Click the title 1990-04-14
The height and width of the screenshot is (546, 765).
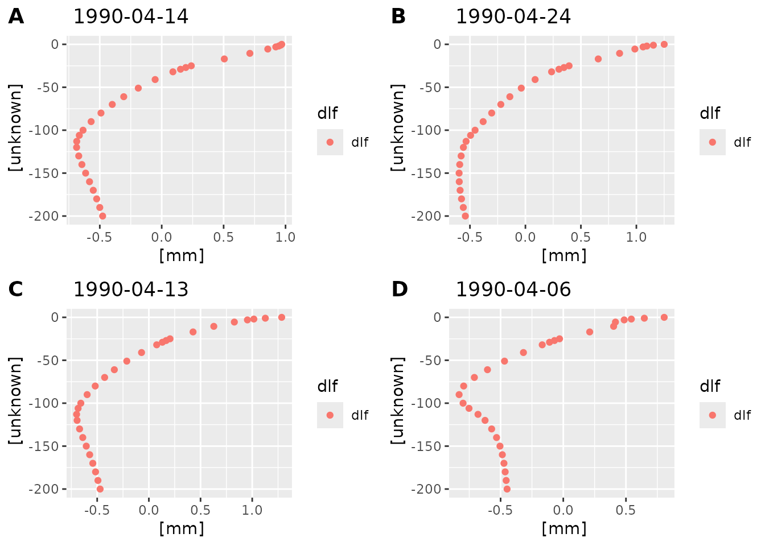(130, 16)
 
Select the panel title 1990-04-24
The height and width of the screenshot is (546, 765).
(513, 16)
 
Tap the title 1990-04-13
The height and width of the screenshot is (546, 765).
(130, 289)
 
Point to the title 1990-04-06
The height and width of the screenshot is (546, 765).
(513, 289)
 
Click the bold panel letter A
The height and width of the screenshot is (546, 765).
(16, 16)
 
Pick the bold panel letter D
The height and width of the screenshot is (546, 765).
(400, 289)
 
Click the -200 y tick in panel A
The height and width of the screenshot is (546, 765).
(47, 216)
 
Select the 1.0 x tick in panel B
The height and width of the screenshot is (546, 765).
(636, 237)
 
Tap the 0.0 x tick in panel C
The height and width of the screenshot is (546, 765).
(149, 510)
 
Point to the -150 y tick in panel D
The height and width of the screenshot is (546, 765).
(430, 446)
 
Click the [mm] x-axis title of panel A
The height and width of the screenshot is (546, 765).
(182, 255)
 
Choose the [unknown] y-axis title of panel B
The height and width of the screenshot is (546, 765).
(398, 127)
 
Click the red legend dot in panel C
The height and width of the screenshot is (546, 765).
(330, 415)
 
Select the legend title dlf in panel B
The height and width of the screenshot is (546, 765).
(710, 113)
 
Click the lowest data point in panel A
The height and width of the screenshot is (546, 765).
(102, 216)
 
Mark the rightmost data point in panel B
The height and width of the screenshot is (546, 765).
(664, 44)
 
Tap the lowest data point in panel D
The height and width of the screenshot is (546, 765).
(507, 489)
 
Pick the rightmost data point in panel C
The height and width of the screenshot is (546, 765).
(281, 317)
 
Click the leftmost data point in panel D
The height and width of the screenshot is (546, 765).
(459, 395)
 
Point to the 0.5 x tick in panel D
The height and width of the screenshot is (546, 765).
(626, 510)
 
